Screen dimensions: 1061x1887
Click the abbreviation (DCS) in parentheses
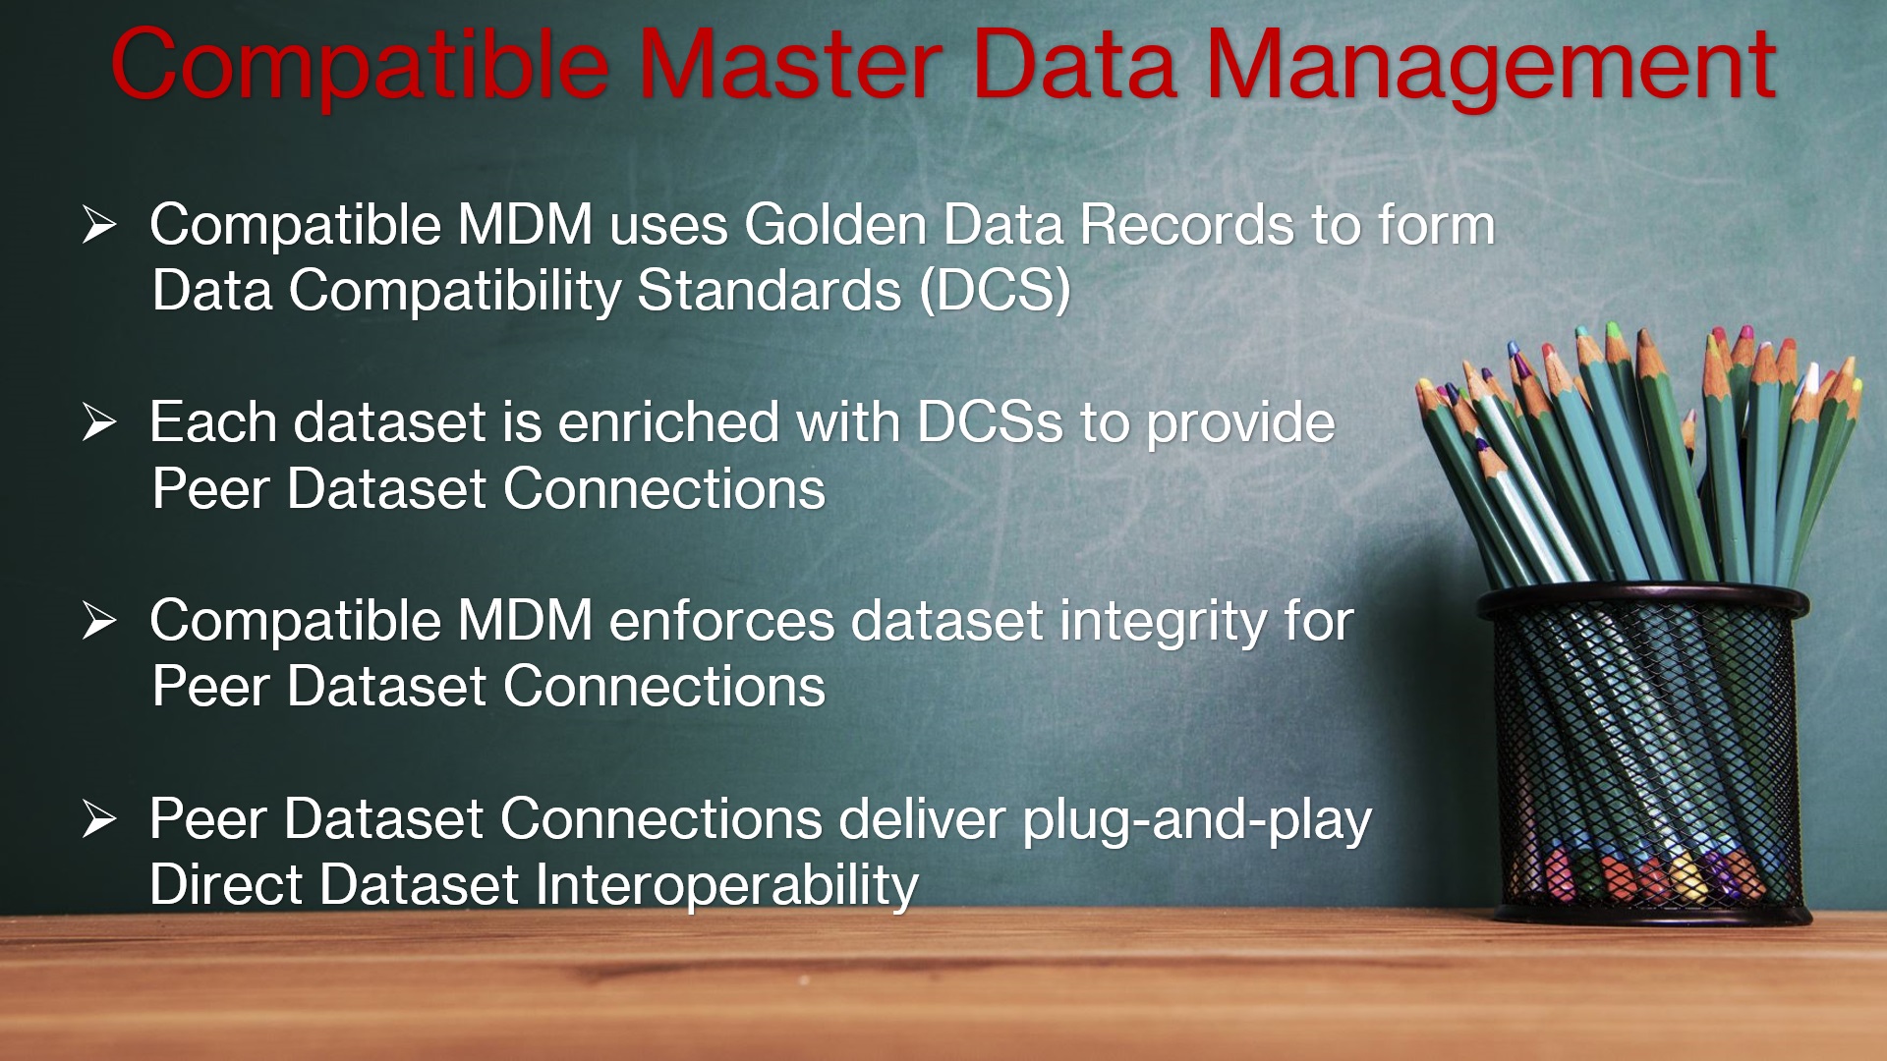pos(995,291)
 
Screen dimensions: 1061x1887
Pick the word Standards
pos(769,291)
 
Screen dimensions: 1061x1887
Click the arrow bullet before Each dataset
pos(99,422)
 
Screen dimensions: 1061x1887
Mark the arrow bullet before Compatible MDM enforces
pos(99,621)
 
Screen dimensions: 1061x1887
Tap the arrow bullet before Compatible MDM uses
pos(99,225)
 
